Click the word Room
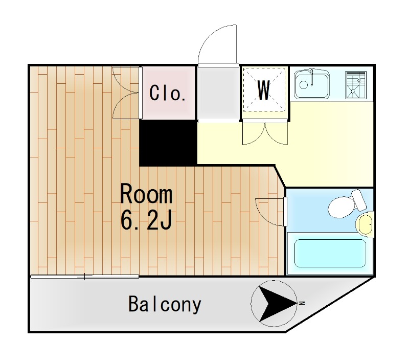[x=146, y=194]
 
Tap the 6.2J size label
[x=146, y=220]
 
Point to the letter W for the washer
[x=263, y=90]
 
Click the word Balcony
[x=165, y=304]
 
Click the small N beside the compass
[x=302, y=303]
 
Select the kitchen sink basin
[x=312, y=84]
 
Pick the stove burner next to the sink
[x=356, y=85]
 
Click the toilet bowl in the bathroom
[x=340, y=207]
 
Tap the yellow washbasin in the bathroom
[x=365, y=224]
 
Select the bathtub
[x=330, y=253]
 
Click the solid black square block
[x=168, y=143]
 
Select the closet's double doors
[x=125, y=93]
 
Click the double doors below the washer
[x=265, y=133]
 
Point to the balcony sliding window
[x=85, y=277]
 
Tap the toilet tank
[x=359, y=200]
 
